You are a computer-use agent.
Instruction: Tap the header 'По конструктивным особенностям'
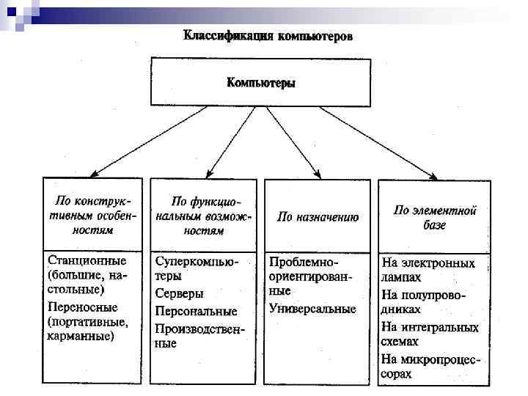tap(92, 213)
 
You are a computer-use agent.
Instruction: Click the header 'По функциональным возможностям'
tap(205, 215)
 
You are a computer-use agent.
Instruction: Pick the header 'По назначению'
tap(318, 217)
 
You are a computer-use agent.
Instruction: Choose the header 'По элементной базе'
tap(434, 217)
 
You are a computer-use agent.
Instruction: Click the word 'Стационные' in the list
tap(87, 261)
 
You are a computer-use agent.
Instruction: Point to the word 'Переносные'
tap(82, 307)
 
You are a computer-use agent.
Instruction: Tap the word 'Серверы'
tap(180, 293)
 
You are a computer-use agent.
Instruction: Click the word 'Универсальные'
tap(312, 309)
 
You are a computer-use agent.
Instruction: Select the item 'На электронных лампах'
tap(428, 270)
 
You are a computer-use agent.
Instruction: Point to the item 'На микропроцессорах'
tap(430, 366)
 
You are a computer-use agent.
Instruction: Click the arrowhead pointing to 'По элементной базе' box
tap(433, 177)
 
